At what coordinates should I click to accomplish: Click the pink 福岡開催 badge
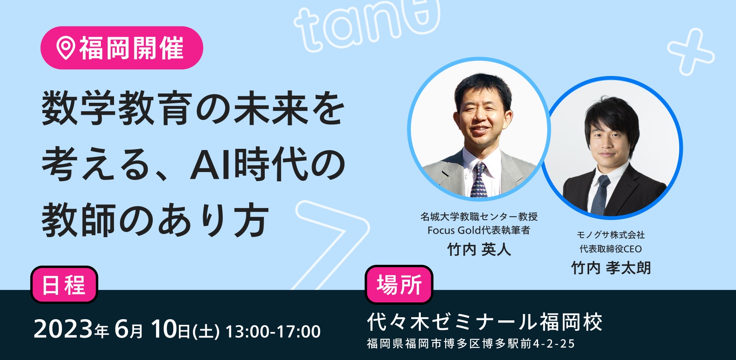tap(122, 48)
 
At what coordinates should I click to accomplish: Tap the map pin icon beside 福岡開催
tap(66, 48)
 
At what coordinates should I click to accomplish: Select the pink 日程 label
tap(64, 285)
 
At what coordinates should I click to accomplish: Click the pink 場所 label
tap(399, 285)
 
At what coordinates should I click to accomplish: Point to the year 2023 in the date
tap(63, 330)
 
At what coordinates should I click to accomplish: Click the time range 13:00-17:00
tap(273, 332)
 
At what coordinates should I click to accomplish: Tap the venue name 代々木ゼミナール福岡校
tap(485, 322)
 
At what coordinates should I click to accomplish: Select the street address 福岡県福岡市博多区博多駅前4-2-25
tap(471, 344)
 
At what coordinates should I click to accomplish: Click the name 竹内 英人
tap(479, 250)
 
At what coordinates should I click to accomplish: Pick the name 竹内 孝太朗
tap(611, 268)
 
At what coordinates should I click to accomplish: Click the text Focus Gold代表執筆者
tap(479, 230)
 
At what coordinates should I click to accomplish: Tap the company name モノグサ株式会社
tap(611, 235)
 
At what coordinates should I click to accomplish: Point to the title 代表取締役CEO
tap(611, 249)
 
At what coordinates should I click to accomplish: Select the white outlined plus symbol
tap(691, 52)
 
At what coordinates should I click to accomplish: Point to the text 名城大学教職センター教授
tap(479, 216)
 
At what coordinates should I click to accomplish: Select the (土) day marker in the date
tap(206, 332)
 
